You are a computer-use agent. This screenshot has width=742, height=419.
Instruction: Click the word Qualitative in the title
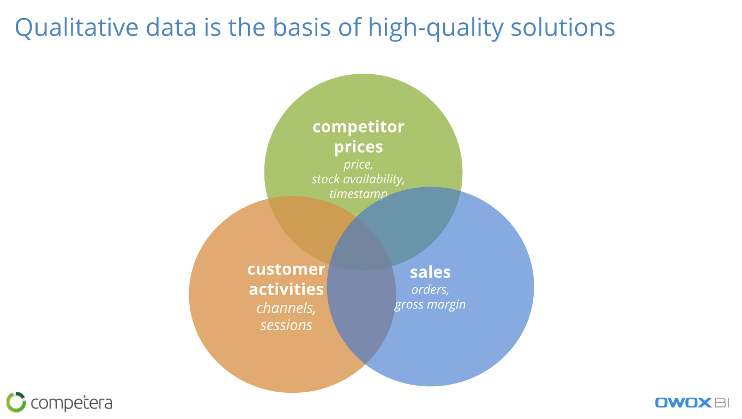click(76, 28)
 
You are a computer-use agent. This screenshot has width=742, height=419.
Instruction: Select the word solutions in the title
click(563, 27)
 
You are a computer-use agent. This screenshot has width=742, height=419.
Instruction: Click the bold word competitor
click(358, 127)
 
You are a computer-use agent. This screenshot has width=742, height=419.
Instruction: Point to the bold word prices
click(358, 147)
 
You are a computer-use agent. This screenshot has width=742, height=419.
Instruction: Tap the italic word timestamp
click(358, 194)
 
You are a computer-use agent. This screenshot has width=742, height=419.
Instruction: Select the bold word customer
click(286, 269)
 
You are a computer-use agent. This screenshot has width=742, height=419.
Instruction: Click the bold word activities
click(286, 289)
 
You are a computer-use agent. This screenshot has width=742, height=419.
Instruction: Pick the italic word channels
click(286, 308)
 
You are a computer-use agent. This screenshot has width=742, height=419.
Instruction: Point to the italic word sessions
click(286, 325)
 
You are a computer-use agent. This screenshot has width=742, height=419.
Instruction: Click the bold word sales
click(430, 272)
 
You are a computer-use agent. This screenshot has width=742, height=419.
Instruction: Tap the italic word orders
click(430, 290)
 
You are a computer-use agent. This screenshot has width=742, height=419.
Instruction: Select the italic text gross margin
click(430, 304)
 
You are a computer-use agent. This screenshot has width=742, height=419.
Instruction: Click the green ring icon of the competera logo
click(16, 402)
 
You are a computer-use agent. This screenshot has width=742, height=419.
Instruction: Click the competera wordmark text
click(71, 403)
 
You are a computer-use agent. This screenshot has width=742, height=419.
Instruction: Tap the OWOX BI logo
click(692, 403)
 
